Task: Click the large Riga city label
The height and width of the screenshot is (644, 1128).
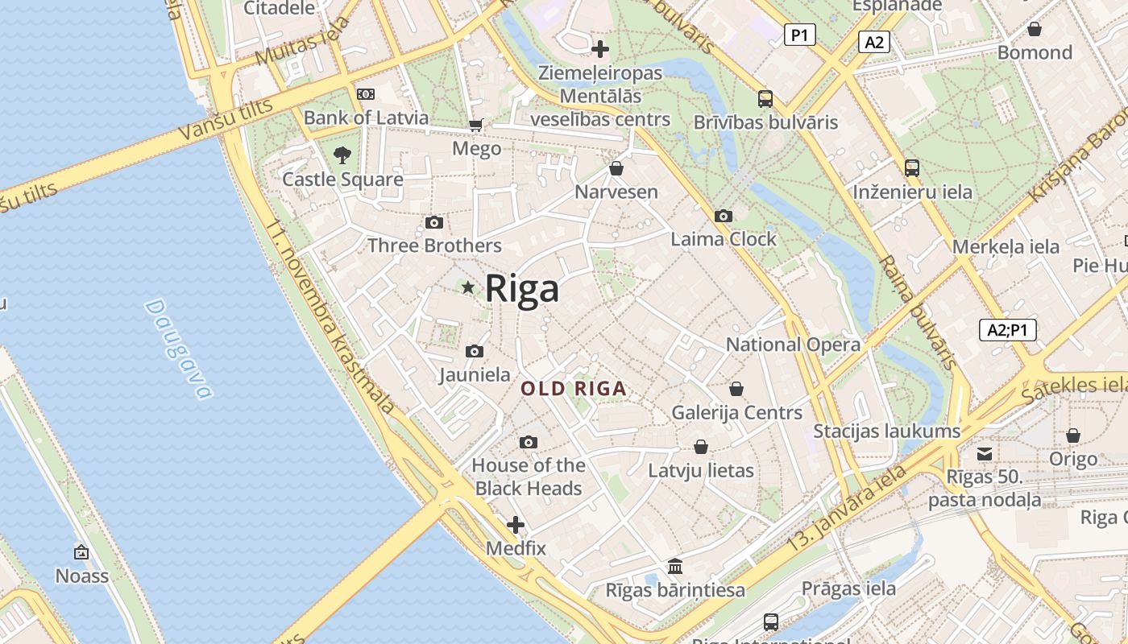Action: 522,288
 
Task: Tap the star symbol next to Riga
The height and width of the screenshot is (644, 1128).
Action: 467,287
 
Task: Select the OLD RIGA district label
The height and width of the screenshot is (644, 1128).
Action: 574,389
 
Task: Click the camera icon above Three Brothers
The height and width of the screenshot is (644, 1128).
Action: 434,222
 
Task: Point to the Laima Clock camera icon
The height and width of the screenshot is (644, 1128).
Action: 724,216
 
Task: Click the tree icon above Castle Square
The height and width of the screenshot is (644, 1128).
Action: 342,155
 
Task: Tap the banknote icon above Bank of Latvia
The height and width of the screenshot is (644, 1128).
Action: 366,94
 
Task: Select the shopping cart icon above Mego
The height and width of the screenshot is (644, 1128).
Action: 476,125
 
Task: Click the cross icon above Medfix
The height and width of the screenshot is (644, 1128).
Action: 516,526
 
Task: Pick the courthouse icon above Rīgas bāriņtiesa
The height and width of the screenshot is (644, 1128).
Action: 675,567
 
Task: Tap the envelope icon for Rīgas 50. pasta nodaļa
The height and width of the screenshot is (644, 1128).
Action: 985,453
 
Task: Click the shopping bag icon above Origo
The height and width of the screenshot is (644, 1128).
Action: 1073,436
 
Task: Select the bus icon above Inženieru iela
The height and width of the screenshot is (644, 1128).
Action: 912,168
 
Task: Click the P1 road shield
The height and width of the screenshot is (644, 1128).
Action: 799,35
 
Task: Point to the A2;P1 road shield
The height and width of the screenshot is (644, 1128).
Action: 1007,329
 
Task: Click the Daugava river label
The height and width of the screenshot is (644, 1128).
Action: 180,349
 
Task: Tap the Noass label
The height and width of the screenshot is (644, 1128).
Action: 81,576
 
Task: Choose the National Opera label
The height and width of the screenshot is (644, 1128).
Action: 793,345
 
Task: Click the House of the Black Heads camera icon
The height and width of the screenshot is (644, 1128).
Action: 529,442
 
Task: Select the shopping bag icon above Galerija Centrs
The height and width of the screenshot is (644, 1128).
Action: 736,389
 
